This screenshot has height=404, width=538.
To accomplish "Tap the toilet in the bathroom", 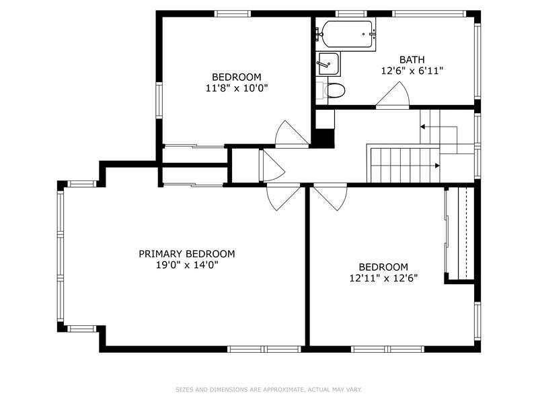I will pyautogui.click(x=334, y=90).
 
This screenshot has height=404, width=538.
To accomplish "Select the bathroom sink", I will pyautogui.click(x=329, y=64).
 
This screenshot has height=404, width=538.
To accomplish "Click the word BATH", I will pyautogui.click(x=412, y=59).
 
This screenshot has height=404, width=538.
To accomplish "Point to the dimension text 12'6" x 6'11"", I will pyautogui.click(x=412, y=70).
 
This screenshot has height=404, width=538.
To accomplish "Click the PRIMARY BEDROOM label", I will pyautogui.click(x=187, y=254).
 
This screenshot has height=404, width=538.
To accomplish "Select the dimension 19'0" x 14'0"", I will pyautogui.click(x=187, y=265).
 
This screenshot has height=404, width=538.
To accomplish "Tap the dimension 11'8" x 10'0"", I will pyautogui.click(x=237, y=88).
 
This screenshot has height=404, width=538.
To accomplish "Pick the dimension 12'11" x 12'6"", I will pyautogui.click(x=383, y=277).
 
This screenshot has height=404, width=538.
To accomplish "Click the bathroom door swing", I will pyautogui.click(x=393, y=96).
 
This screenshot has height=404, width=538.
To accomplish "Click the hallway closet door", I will pyautogui.click(x=270, y=166).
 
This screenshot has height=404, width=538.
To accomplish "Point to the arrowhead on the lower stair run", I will pyautogui.click(x=437, y=166).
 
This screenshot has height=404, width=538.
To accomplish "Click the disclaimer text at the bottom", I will pyautogui.click(x=268, y=389).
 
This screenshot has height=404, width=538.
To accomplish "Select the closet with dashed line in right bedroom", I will pyautogui.click(x=461, y=232).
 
